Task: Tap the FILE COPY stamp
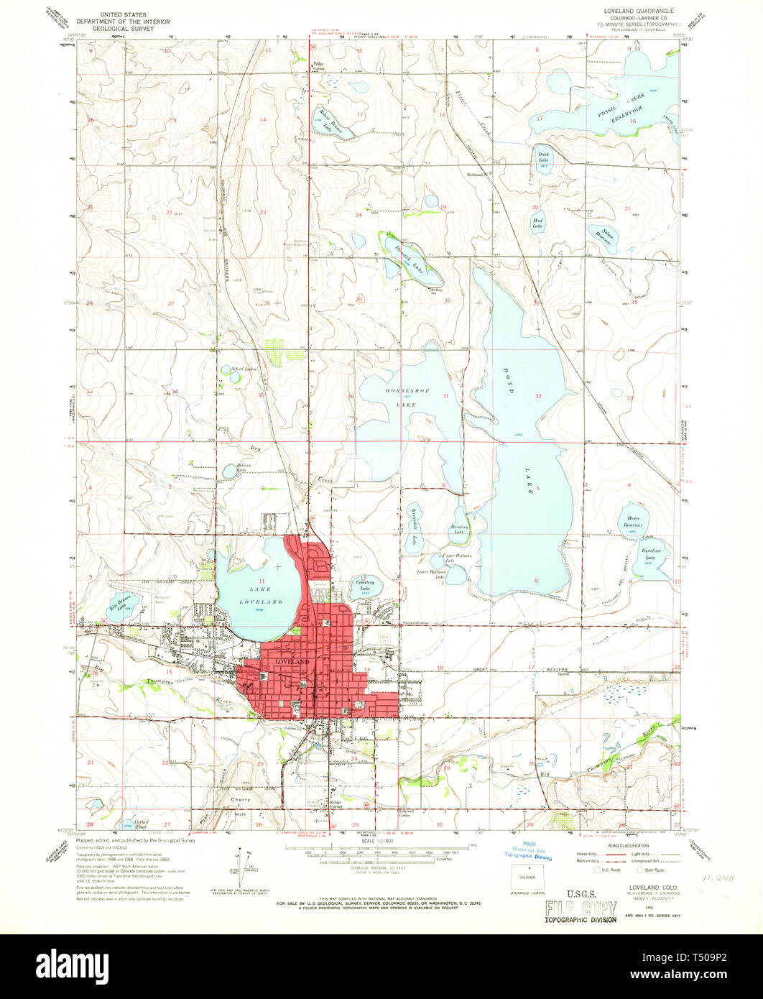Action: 580,908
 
